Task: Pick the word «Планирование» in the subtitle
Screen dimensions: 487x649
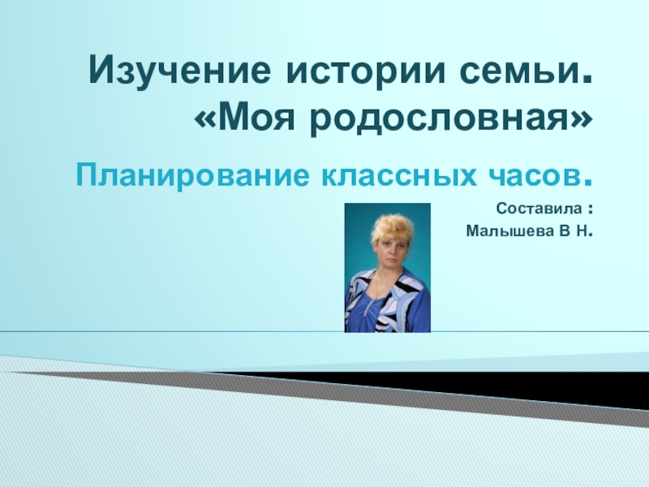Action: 187,174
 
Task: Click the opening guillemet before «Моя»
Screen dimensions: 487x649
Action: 205,121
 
